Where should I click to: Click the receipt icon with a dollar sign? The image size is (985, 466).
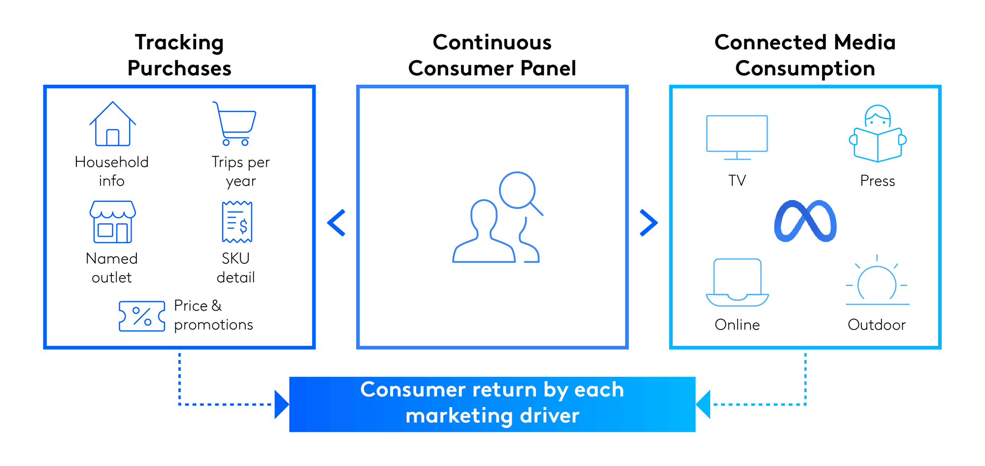point(237,221)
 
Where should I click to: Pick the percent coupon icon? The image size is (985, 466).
point(142,316)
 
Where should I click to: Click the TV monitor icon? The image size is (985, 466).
point(737,138)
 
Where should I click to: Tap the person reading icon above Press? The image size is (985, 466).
point(878,134)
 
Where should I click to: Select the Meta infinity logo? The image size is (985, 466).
point(805,221)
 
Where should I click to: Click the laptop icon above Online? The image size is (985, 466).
point(737,283)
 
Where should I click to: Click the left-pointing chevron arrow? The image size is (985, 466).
point(336,223)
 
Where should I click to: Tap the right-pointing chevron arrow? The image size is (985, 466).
point(649,223)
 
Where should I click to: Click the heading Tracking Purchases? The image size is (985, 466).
point(179,55)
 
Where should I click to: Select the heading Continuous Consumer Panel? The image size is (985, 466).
point(492,55)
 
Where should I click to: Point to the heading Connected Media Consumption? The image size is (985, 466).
point(805,55)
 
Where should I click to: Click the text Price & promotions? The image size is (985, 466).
point(213,315)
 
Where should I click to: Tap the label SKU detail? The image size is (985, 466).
point(236,268)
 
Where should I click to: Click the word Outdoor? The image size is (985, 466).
point(877,324)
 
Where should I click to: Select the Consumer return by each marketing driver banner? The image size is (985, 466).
point(492,404)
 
